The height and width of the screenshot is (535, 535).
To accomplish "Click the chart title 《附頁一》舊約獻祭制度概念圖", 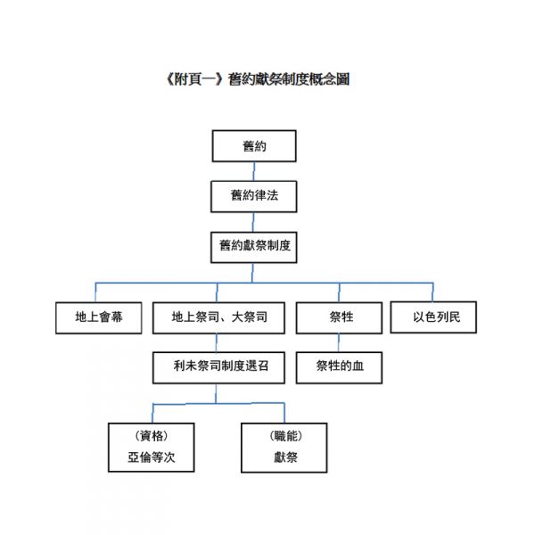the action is click(258, 79).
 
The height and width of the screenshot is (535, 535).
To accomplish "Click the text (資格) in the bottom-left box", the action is click(152, 436).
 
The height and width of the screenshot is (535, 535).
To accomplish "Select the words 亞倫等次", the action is click(152, 457).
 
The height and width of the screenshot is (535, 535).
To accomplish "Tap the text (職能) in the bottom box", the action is click(285, 436).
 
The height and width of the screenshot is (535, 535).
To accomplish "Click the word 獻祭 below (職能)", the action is click(285, 457).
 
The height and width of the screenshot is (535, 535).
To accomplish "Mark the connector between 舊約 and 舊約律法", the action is click(254, 171).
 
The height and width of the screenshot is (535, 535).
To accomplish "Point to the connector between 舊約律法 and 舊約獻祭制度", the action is click(253, 222).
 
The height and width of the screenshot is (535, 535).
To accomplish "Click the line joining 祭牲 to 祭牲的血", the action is click(339, 342).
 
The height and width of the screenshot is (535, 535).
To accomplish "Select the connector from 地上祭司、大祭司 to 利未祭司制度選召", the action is click(217, 342).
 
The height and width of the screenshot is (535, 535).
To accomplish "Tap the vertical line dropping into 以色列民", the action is click(432, 292).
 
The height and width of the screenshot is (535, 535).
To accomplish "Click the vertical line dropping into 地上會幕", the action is click(95, 292).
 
